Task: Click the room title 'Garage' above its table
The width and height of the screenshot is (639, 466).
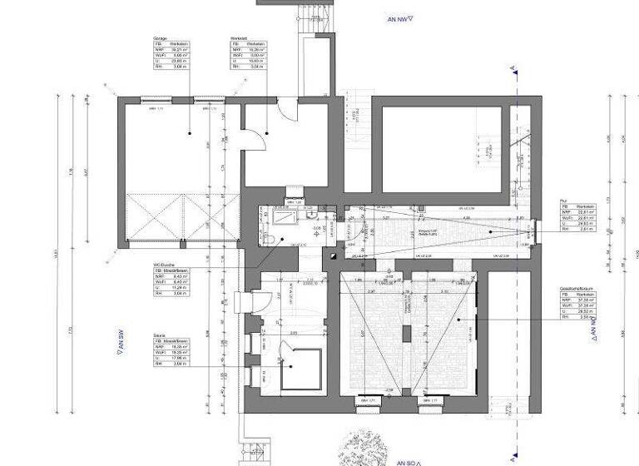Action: (161, 39)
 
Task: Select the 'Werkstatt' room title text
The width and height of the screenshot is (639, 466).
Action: (240, 39)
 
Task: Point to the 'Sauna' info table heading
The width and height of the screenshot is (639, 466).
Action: (158, 336)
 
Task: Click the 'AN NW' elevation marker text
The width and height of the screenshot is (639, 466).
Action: (400, 17)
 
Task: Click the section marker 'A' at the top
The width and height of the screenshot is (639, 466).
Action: (513, 68)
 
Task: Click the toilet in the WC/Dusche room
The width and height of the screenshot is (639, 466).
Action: (273, 238)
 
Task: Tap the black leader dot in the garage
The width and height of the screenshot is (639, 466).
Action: (190, 133)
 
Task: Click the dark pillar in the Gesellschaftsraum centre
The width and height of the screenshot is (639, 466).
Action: (406, 333)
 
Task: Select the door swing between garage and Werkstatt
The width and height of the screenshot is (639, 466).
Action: (249, 139)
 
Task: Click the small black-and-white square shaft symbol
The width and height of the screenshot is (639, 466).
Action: (332, 258)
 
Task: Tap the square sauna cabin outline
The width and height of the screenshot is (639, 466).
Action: (300, 370)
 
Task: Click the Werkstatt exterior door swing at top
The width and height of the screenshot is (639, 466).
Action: (286, 108)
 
